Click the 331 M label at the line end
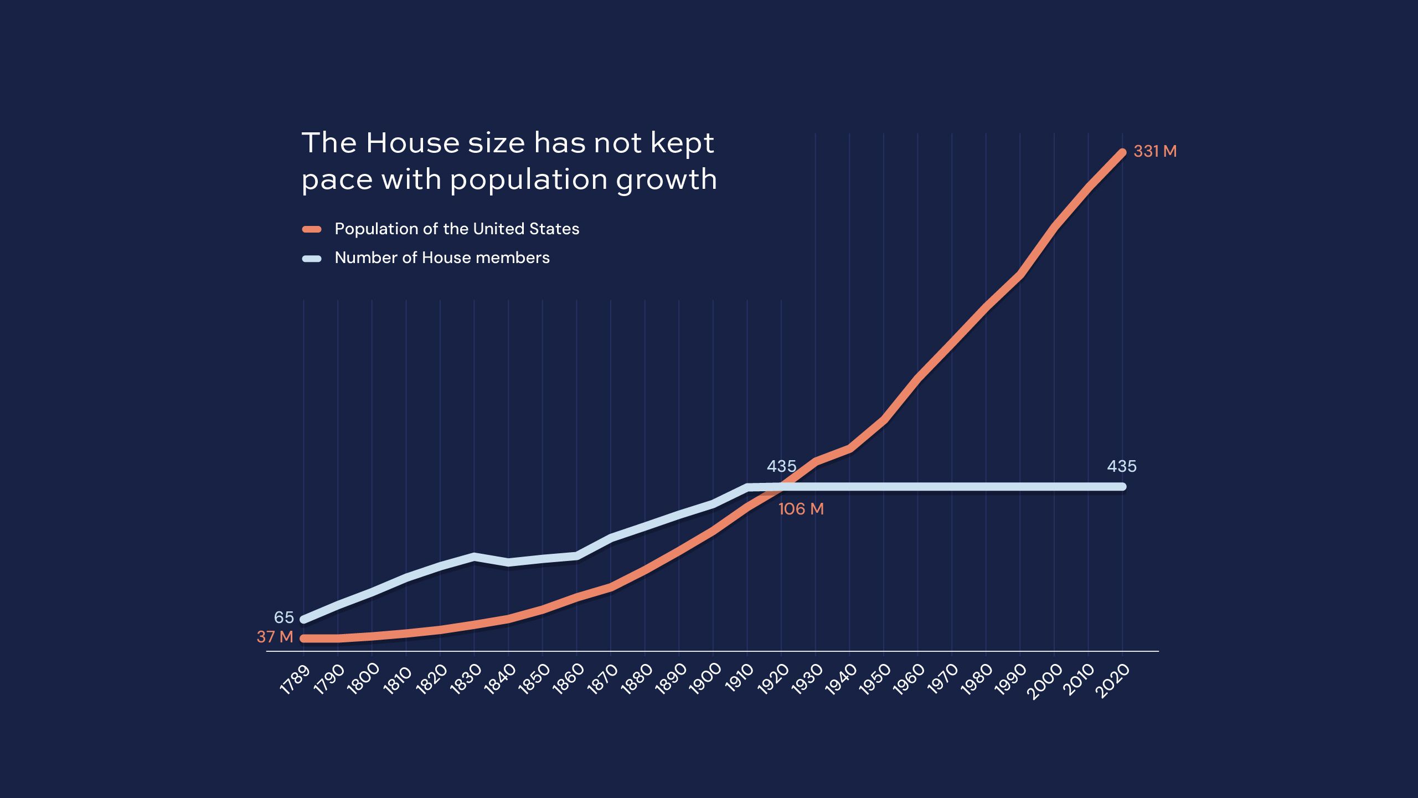click(1155, 151)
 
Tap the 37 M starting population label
click(275, 637)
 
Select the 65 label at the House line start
click(283, 617)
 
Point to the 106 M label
click(801, 509)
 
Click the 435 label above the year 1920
click(781, 466)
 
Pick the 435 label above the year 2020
click(1121, 466)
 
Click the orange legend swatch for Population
click(312, 229)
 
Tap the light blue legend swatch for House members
click(312, 258)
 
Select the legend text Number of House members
click(442, 258)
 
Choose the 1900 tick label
click(704, 679)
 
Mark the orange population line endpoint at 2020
click(1122, 152)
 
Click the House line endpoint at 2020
click(1122, 487)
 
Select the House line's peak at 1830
click(474, 556)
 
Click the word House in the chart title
click(412, 143)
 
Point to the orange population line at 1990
click(1020, 275)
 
